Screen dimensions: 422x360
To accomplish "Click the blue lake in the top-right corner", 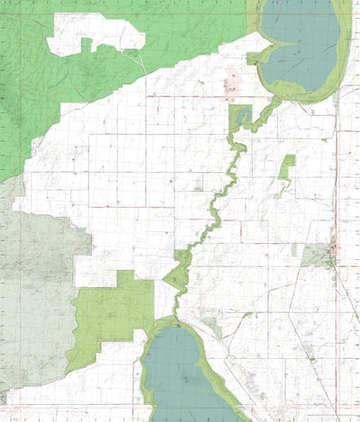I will click(x=301, y=40).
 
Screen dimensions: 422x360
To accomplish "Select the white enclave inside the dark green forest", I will click(x=94, y=34).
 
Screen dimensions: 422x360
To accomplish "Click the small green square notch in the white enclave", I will click(x=86, y=44).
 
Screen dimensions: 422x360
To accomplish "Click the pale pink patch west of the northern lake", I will click(x=233, y=83).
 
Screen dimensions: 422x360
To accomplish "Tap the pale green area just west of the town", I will click(x=314, y=256).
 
